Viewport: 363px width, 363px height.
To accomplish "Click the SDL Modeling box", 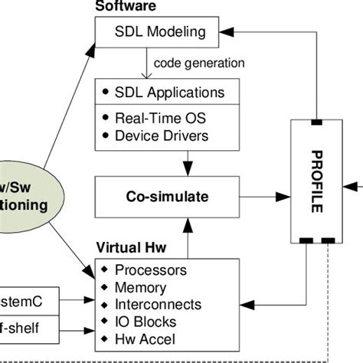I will pyautogui.click(x=161, y=31).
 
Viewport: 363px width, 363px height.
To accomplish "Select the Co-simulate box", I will pyautogui.click(x=168, y=197).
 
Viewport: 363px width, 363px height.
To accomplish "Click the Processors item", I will pyautogui.click(x=152, y=270).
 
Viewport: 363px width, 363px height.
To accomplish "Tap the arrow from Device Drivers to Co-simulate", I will pyautogui.click(x=188, y=162).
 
